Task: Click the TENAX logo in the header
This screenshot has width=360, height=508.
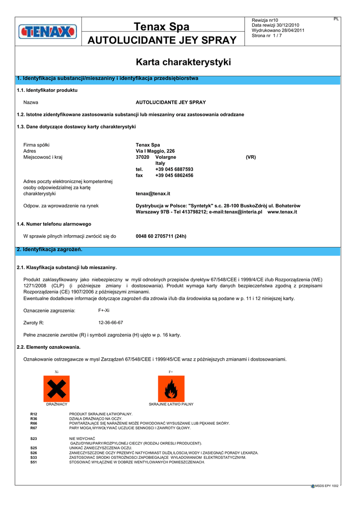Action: [48, 32]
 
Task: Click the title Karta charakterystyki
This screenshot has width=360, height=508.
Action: [183, 63]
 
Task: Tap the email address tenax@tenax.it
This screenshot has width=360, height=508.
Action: [153, 193]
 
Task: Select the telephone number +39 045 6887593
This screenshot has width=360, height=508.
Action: [174, 169]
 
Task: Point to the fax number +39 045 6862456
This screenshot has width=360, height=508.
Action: [174, 175]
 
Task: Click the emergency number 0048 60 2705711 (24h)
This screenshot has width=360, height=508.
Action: [161, 236]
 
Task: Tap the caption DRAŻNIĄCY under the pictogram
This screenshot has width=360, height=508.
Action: [57, 404]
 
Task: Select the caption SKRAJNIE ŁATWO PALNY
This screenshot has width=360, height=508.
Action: [171, 404]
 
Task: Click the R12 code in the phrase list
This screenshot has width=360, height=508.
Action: [34, 414]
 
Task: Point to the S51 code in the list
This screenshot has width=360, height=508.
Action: [34, 462]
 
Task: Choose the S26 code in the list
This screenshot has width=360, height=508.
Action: [34, 452]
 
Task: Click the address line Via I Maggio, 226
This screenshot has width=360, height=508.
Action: [155, 151]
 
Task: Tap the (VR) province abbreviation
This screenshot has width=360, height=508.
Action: [251, 157]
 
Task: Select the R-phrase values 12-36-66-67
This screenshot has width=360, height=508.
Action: [111, 322]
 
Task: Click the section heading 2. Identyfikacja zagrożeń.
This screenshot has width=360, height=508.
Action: [50, 249]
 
